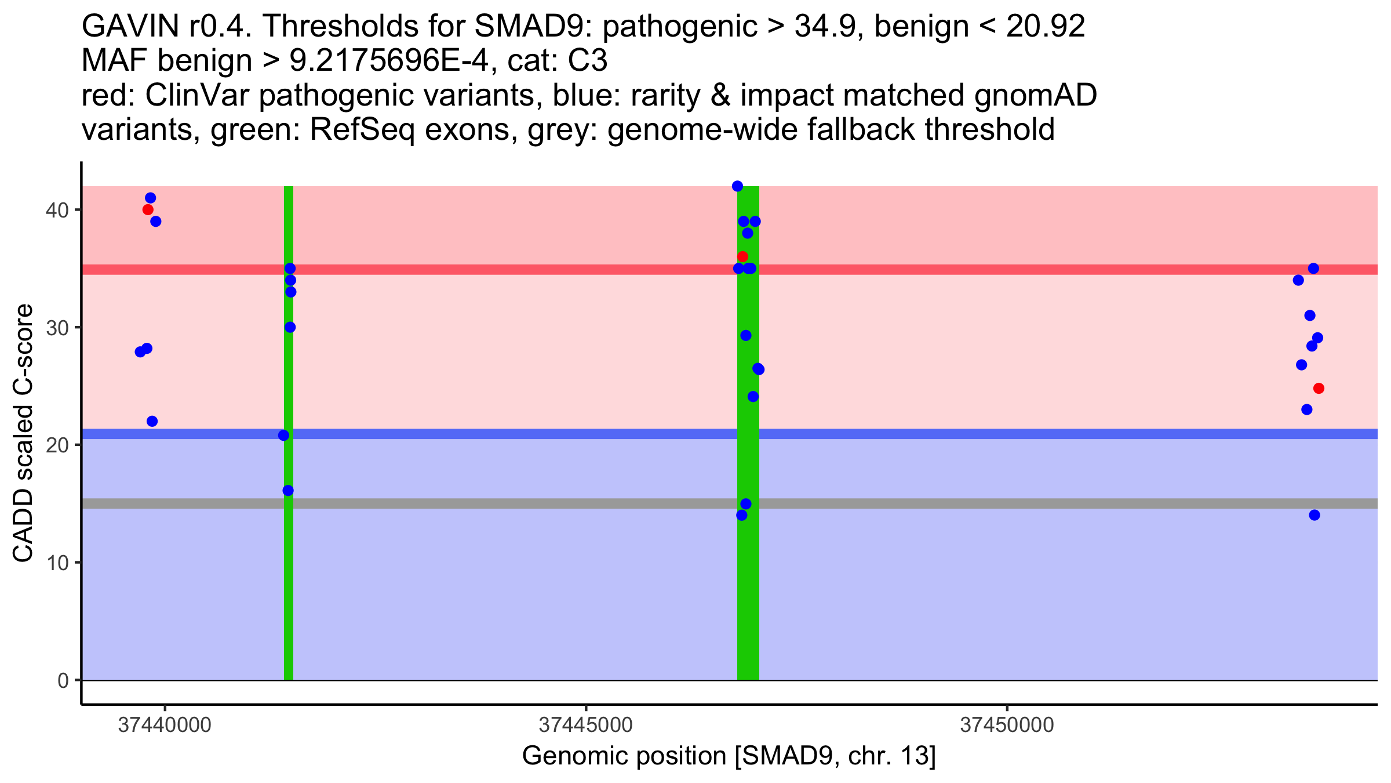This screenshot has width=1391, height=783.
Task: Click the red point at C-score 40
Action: click(148, 209)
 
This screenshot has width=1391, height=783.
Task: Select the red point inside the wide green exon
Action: click(742, 256)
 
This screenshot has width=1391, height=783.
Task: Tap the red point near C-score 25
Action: click(1319, 388)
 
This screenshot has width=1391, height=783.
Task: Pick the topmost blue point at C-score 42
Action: click(737, 186)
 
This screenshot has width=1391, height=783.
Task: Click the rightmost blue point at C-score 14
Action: click(1314, 515)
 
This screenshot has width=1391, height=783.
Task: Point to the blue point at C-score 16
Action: click(288, 491)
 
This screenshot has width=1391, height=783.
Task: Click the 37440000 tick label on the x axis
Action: click(165, 725)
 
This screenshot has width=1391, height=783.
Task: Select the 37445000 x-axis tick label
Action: click(586, 725)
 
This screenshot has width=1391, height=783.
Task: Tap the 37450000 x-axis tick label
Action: click(1007, 725)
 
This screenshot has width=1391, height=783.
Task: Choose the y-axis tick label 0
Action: click(63, 680)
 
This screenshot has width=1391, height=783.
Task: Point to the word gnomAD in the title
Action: click(1035, 95)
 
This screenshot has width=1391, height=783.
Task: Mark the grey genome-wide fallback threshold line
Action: click(1043, 503)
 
